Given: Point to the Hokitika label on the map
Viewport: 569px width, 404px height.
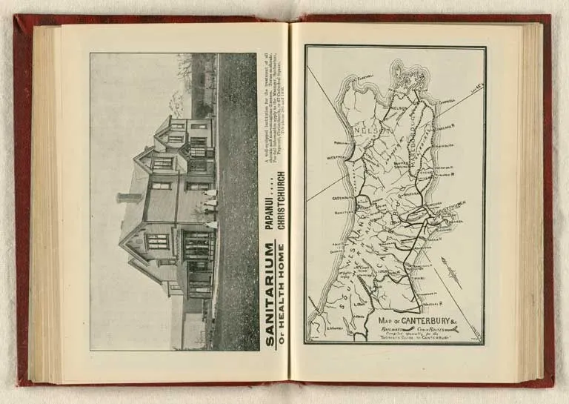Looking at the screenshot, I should [342, 213].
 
